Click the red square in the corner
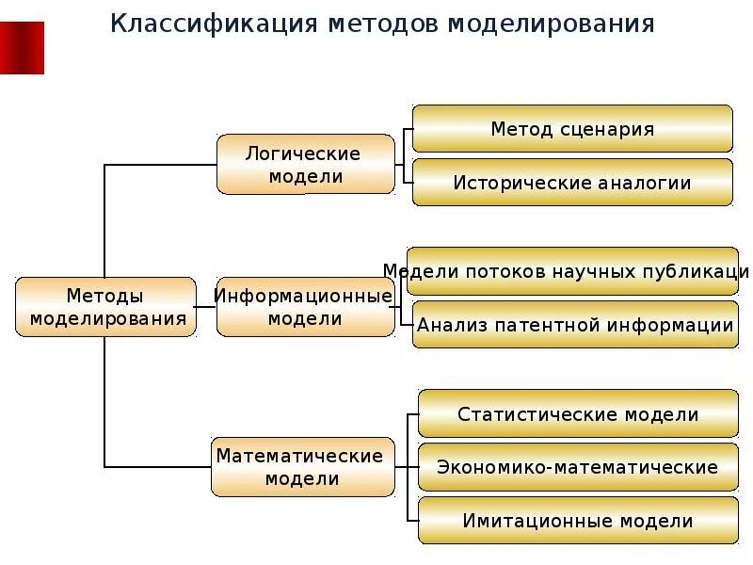22,47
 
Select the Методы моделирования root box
105,307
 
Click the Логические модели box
305,164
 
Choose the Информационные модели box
305,307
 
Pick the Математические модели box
301,467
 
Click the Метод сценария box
572,129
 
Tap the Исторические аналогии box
572,183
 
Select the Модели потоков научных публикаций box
572,271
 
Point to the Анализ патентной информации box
574,326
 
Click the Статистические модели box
578,414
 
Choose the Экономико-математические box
578,467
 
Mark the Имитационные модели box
578,521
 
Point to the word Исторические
521,183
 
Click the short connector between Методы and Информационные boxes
206,307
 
